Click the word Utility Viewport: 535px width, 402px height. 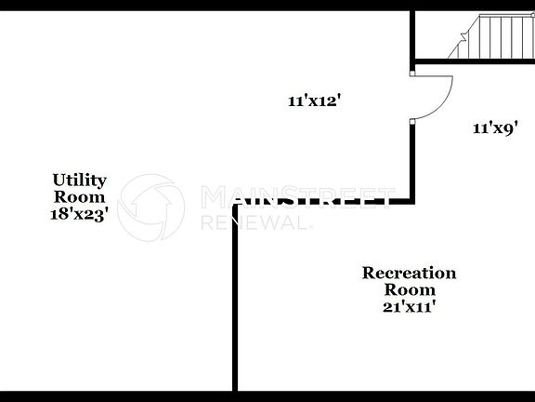pos(79,180)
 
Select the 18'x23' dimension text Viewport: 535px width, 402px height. pos(79,213)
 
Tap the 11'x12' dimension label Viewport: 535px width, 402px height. pos(315,102)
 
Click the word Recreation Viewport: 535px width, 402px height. pos(409,273)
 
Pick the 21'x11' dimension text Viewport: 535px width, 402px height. pos(409,306)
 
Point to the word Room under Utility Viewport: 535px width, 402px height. pos(79,196)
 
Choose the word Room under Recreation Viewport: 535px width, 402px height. pos(409,289)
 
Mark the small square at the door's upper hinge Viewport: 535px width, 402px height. pos(412,72)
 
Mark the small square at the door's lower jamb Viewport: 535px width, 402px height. pos(412,121)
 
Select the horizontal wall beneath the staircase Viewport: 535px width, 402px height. pos(474,62)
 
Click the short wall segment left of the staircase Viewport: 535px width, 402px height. pos(412,33)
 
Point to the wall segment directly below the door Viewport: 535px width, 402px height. pos(412,163)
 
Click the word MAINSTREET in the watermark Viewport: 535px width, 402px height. pos(297,197)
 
